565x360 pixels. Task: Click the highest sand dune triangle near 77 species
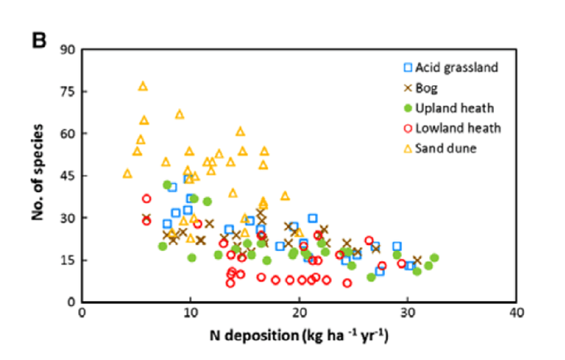[143, 86]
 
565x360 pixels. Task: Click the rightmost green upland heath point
[434, 258]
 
